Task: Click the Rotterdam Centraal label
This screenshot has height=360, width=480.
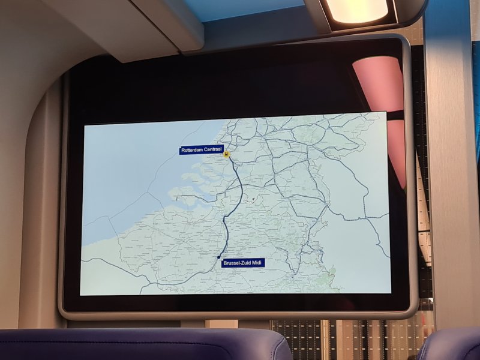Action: (201, 151)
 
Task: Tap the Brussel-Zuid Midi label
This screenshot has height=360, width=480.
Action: (243, 263)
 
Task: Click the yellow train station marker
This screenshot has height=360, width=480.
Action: (226, 155)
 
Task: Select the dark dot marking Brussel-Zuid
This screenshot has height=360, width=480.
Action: (219, 257)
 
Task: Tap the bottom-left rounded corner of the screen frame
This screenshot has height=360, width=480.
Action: (65, 310)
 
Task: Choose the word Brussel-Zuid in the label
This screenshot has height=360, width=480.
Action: (236, 263)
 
